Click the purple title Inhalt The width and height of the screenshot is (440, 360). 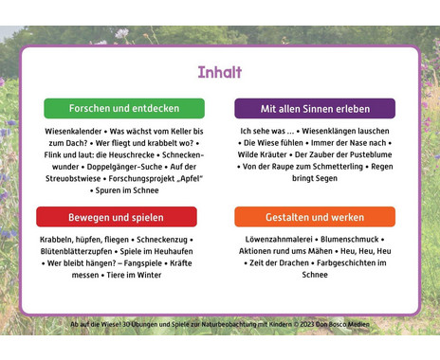click(220, 72)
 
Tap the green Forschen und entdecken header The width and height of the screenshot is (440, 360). click(124, 108)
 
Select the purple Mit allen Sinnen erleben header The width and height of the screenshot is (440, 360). click(315, 109)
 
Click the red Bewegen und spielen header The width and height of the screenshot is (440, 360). click(117, 217)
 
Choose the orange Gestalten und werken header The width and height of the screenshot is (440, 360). click(315, 217)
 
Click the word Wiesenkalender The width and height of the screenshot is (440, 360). click(73, 132)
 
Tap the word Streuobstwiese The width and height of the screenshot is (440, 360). click(73, 179)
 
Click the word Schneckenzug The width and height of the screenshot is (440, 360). click(162, 240)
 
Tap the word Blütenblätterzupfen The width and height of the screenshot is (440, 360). click(76, 251)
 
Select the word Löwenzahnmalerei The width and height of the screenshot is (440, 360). click(279, 240)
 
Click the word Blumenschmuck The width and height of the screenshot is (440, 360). click(350, 240)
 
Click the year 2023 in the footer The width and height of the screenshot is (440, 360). click(307, 324)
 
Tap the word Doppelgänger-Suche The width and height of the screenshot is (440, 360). click(124, 167)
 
